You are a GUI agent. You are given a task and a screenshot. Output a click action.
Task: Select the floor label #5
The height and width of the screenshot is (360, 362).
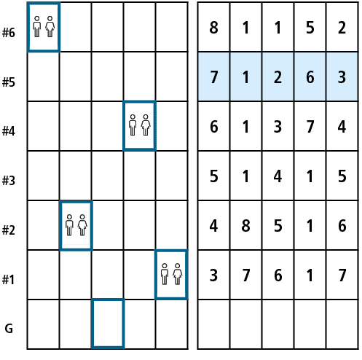pos(9,82)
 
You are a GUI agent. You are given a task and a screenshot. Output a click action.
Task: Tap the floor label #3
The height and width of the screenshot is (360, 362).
pos(9,181)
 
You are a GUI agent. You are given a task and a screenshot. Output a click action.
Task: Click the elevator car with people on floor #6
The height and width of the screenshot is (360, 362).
pos(44,27)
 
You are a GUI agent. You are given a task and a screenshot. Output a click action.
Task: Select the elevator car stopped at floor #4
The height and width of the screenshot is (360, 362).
pos(140,125)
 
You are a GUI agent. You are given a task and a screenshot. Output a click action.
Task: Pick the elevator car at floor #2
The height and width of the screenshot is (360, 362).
pos(76,226)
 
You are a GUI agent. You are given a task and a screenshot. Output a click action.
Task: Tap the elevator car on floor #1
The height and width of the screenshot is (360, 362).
pos(171,274)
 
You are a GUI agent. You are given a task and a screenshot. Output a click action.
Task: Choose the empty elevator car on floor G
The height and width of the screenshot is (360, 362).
pos(108,323)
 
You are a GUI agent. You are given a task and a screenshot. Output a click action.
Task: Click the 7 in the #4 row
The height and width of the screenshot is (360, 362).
pos(310,126)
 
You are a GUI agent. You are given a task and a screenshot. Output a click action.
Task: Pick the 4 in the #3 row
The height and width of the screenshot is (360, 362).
pos(278,176)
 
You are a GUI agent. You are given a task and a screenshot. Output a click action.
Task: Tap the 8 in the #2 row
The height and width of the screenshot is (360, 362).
pos(245,225)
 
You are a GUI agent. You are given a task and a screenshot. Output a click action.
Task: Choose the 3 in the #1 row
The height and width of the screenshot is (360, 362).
pos(213,275)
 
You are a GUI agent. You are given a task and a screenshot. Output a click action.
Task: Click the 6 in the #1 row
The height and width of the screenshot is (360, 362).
pos(278,275)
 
